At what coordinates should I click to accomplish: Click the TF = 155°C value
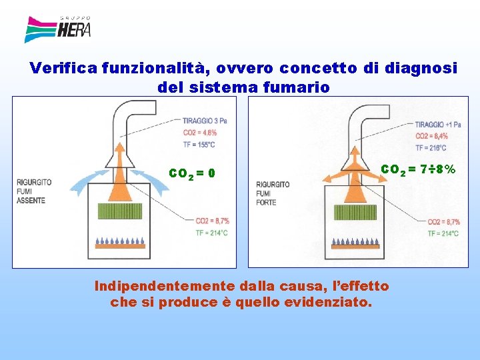[199, 143]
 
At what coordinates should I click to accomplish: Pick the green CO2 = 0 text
[192, 173]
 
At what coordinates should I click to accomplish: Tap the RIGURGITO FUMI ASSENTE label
[31, 190]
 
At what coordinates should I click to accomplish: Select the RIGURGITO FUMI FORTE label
[272, 193]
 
